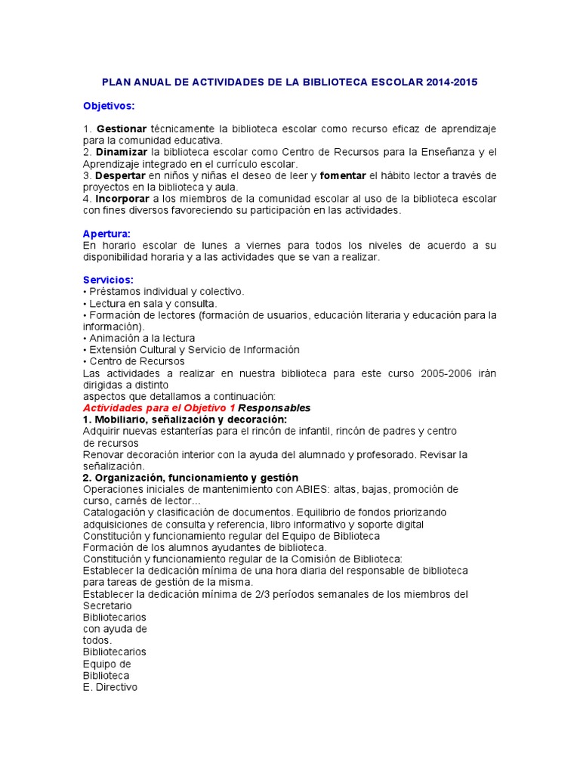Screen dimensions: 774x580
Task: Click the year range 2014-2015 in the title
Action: [x=451, y=82]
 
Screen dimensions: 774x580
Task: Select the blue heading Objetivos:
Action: [x=109, y=105]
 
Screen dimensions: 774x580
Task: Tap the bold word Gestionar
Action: [x=122, y=128]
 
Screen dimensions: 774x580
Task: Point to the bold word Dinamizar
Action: [x=122, y=152]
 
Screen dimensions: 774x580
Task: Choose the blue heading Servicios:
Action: [x=108, y=280]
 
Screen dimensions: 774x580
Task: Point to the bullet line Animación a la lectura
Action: [x=141, y=338]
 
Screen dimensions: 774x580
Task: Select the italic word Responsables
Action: [x=274, y=408]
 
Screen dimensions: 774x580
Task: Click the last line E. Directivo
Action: [x=110, y=688]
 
